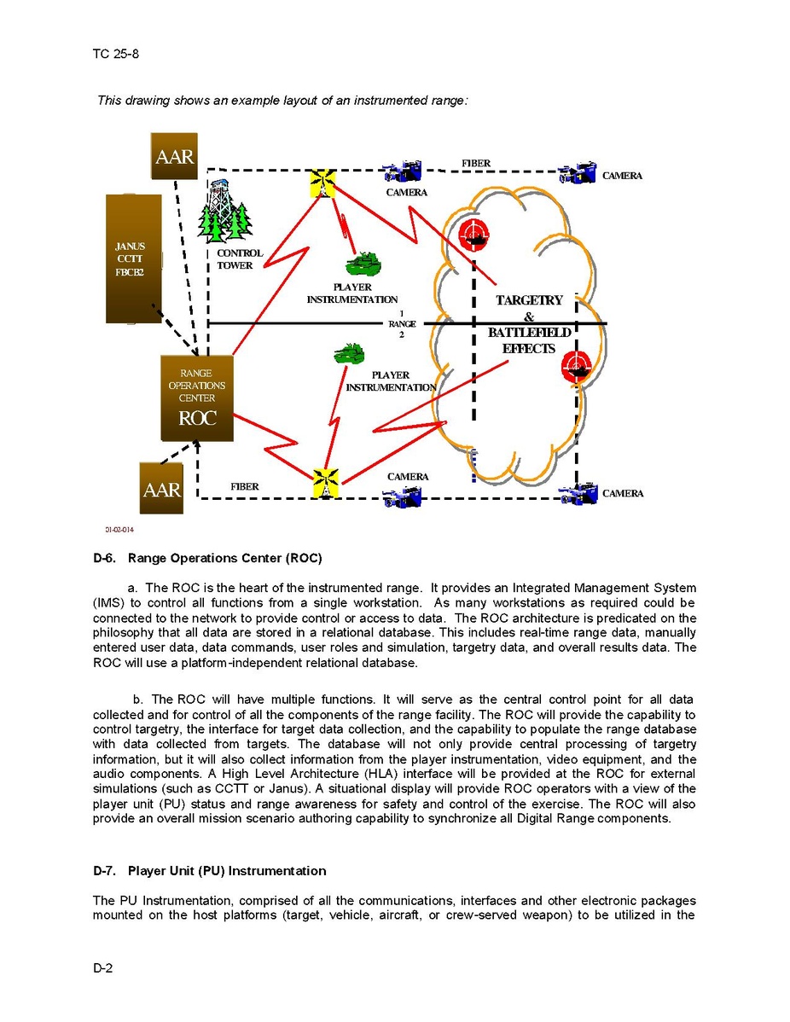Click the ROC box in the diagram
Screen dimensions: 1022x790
(197, 398)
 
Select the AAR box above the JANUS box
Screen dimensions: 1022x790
(174, 156)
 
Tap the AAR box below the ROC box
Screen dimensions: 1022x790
(161, 489)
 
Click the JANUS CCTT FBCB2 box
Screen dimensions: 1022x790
(133, 258)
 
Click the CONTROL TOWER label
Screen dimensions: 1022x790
(240, 259)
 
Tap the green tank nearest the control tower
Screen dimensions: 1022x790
(364, 260)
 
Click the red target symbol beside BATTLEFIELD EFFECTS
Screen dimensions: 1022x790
(578, 366)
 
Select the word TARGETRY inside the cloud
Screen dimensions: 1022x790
(529, 300)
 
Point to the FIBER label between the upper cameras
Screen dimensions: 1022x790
(476, 163)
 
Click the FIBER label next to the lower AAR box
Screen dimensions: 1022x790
(244, 486)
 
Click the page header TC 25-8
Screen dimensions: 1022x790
(116, 55)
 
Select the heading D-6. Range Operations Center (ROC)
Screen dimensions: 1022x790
(207, 560)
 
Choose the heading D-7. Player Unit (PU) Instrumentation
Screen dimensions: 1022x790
(210, 871)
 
